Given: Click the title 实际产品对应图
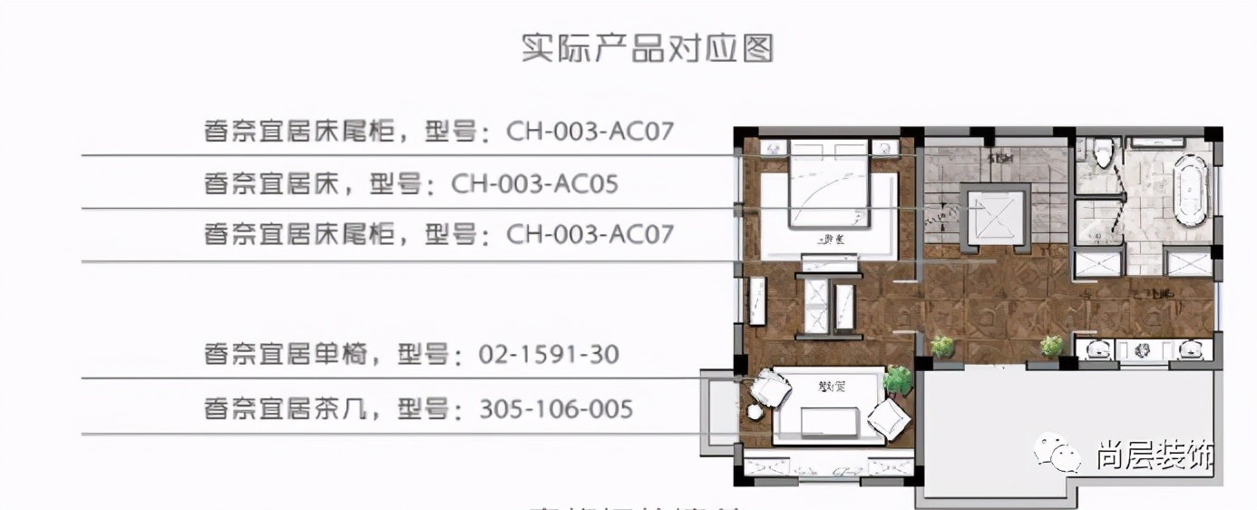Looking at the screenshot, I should click(x=647, y=48).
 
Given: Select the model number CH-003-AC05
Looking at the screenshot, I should click(x=534, y=185).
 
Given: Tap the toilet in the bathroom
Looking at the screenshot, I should click(x=1104, y=152).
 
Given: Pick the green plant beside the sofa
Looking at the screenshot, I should click(x=897, y=381).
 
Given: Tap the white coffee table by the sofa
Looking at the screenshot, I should click(x=827, y=422).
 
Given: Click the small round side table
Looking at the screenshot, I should click(x=755, y=411).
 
